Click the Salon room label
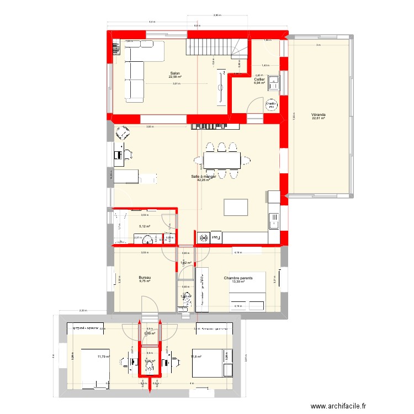click(176, 73)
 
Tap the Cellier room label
click(259, 79)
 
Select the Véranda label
click(318, 115)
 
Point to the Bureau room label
click(145, 278)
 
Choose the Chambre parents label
click(238, 278)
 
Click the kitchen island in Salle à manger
click(234, 207)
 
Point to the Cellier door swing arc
click(254, 103)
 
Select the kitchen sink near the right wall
click(273, 221)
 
